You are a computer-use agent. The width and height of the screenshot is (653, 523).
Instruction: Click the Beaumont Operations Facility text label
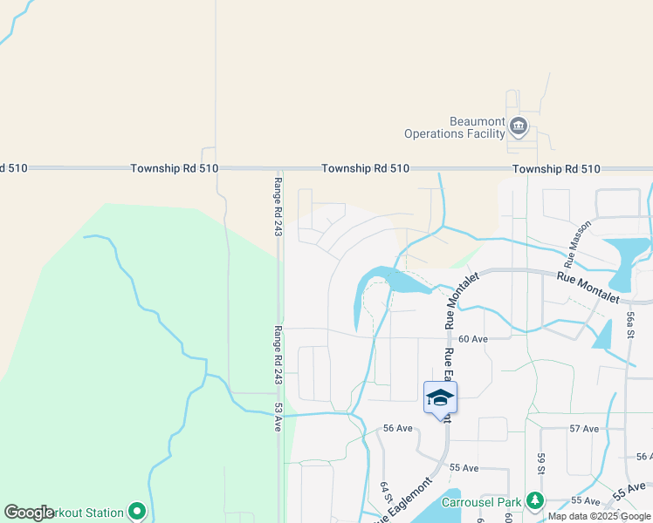tap(454, 127)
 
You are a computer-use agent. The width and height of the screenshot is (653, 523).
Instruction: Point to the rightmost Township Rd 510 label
tap(556, 169)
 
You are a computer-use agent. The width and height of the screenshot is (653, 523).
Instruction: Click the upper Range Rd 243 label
tap(278, 207)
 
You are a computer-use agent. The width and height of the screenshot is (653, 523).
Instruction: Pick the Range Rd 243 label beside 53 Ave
tap(278, 356)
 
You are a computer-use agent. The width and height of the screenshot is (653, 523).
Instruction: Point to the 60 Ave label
tap(471, 338)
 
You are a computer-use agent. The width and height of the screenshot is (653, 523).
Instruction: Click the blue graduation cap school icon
tap(440, 398)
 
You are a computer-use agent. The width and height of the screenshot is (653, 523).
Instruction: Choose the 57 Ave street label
tap(584, 429)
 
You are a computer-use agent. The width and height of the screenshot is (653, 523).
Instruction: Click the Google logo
tap(29, 513)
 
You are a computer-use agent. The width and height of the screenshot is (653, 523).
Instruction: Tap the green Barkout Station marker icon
tap(136, 512)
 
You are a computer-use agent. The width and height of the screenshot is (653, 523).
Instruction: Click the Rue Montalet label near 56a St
tap(589, 287)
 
